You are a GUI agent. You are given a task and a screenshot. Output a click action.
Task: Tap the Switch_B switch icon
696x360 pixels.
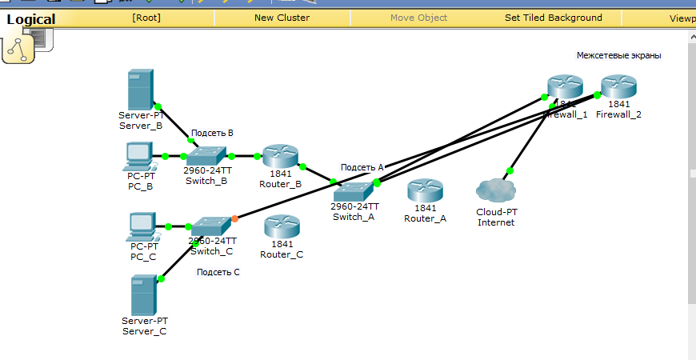[206, 156]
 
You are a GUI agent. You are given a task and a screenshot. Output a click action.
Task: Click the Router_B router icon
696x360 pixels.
[280, 157]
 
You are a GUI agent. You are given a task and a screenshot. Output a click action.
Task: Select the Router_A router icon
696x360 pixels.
[425, 192]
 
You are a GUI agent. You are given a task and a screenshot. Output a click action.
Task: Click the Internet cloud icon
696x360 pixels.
[495, 190]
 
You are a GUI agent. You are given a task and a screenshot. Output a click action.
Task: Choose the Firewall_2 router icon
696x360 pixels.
[618, 86]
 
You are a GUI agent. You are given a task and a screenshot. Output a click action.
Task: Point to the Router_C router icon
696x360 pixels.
[282, 227]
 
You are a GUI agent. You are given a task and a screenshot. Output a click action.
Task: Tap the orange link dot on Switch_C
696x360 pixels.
[234, 218]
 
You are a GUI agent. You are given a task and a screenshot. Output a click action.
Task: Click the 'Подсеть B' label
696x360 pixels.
[212, 133]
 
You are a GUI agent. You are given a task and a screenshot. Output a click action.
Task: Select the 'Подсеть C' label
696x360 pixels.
[218, 272]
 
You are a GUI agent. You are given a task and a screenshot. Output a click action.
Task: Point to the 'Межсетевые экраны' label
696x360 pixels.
[618, 55]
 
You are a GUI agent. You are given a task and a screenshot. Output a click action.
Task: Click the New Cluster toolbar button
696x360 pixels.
[282, 17]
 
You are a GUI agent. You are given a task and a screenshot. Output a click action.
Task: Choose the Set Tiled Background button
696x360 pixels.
[553, 17]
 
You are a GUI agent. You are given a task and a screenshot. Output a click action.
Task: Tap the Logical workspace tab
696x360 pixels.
[31, 19]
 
